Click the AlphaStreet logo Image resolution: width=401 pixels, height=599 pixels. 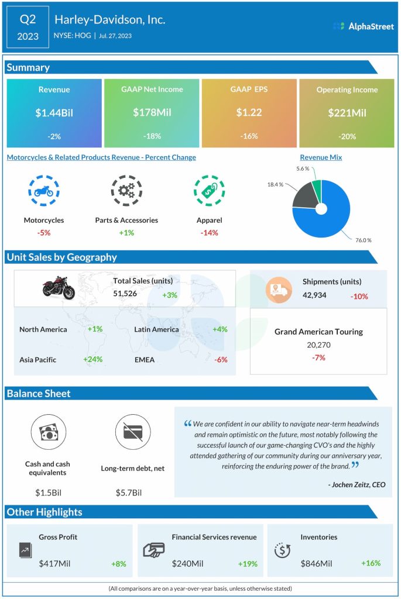click(363, 26)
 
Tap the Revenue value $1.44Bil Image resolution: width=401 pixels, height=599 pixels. click(54, 112)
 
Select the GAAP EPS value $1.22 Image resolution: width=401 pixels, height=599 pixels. click(249, 112)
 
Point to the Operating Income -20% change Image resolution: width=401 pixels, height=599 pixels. click(347, 136)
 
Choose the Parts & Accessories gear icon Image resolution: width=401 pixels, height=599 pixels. click(126, 190)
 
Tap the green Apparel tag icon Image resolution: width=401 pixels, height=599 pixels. click(209, 190)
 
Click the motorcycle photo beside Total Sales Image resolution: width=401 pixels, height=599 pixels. click(58, 287)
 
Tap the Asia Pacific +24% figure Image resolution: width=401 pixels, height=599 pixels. click(92, 359)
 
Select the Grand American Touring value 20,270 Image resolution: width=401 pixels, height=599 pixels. click(318, 345)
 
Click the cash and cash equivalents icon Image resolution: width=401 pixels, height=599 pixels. click(48, 433)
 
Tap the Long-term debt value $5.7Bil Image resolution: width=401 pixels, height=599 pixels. click(129, 493)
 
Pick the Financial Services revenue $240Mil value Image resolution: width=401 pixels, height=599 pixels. click(187, 563)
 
